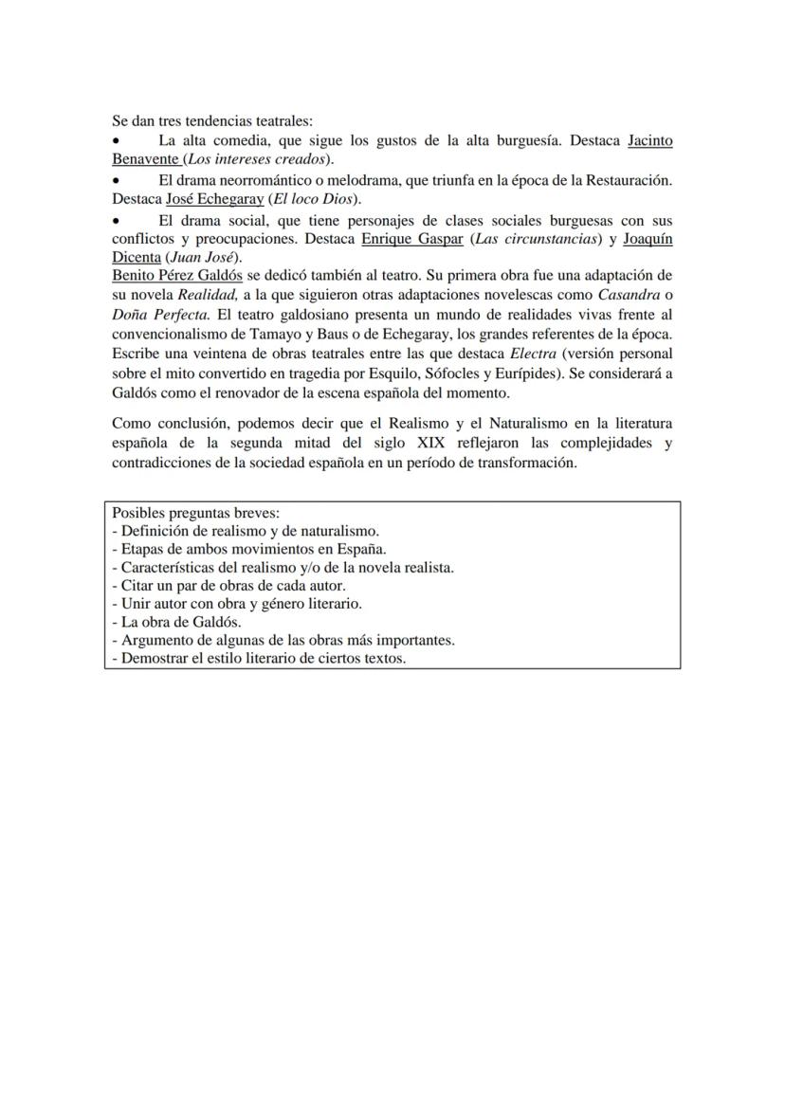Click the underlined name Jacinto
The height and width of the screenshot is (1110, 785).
click(x=650, y=140)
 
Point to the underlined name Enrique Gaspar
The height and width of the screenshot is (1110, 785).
click(x=411, y=239)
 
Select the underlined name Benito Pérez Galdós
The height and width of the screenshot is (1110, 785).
click(x=176, y=275)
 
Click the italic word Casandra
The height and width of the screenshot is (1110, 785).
click(x=628, y=295)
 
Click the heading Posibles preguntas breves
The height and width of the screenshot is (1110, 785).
click(x=191, y=513)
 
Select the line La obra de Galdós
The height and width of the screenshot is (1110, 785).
click(x=175, y=622)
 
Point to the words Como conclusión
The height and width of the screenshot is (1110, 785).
click(x=162, y=423)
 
